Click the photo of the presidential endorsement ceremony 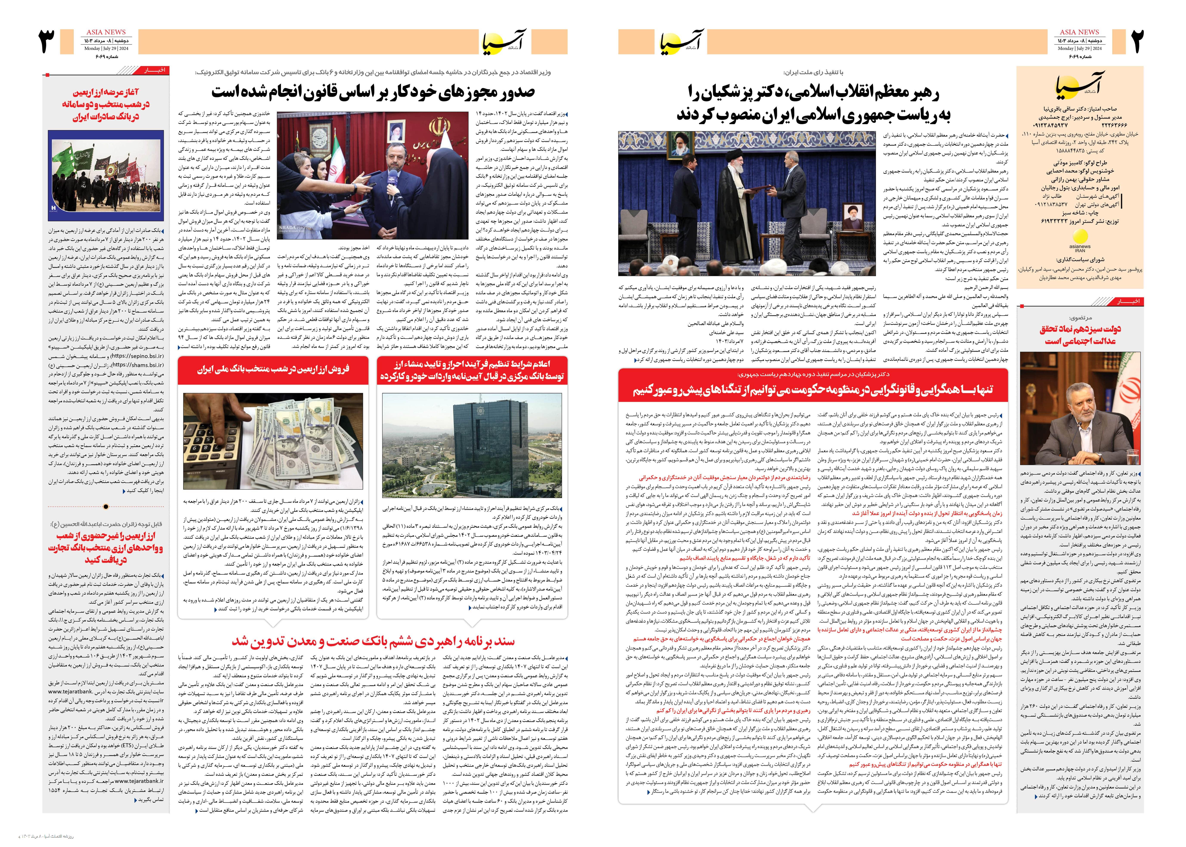747,203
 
